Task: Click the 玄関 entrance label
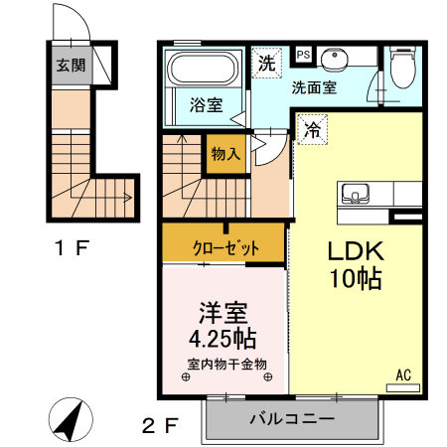70,67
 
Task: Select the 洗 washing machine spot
266,63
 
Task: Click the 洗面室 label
313,87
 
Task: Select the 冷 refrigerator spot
312,128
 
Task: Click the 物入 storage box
224,154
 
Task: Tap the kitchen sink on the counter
355,193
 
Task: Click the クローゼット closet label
225,247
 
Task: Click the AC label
403,374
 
